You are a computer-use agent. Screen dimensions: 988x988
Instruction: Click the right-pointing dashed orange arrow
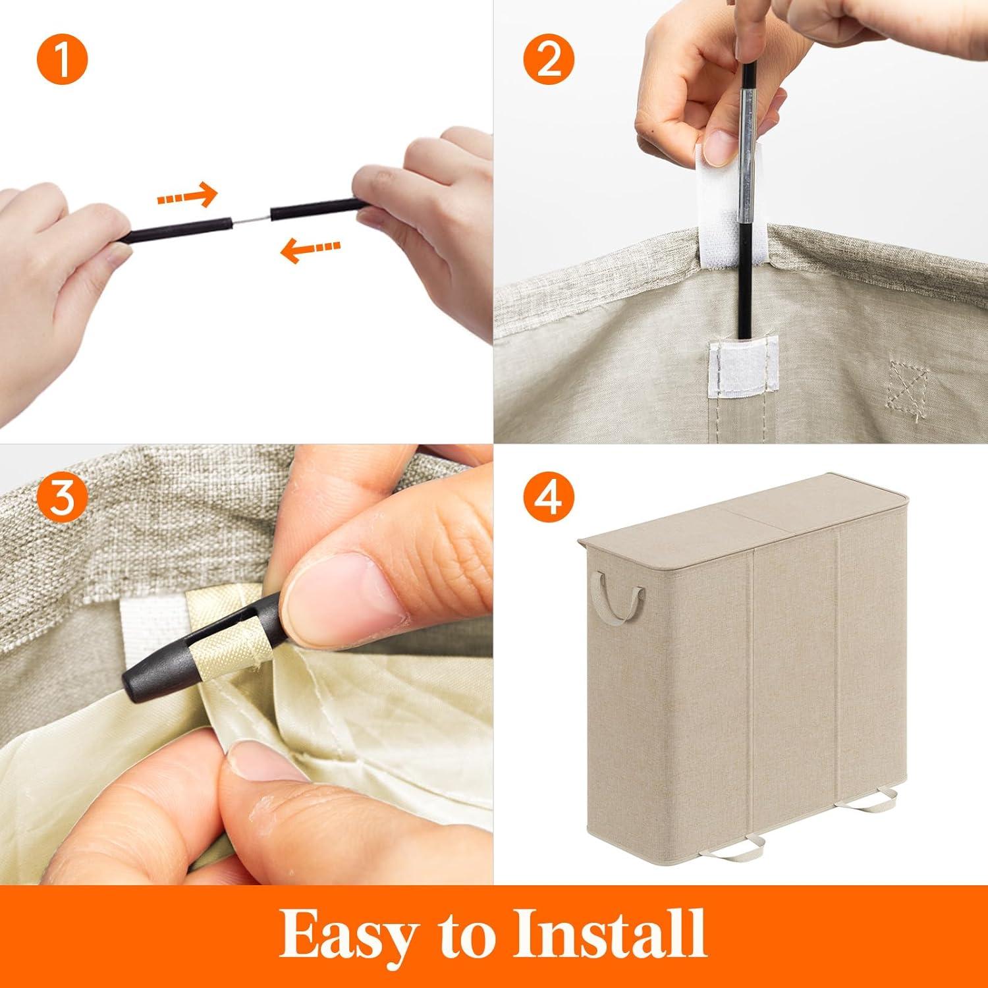tap(186, 195)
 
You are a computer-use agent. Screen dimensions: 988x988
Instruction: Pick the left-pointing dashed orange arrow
tap(310, 248)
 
